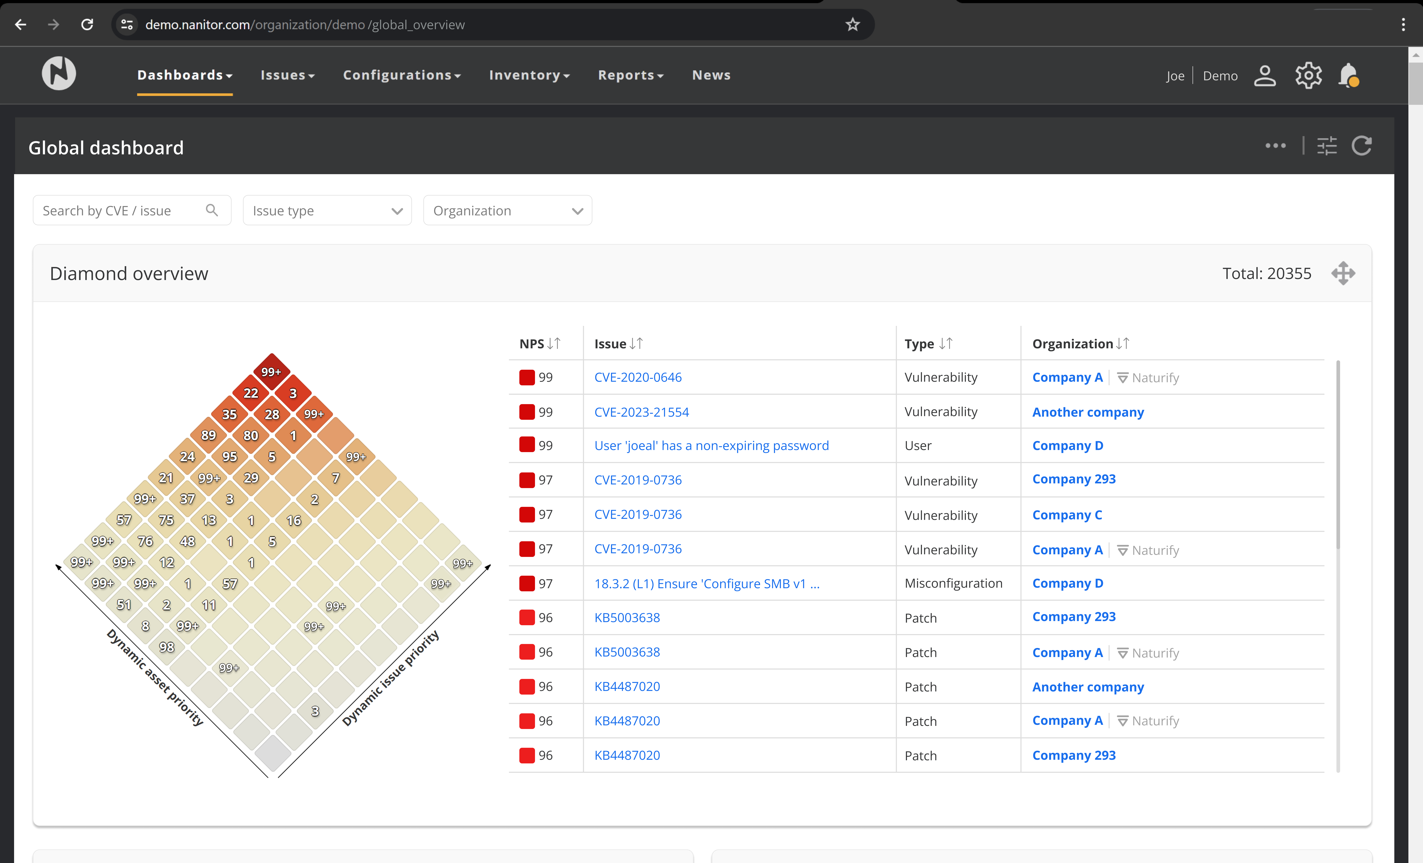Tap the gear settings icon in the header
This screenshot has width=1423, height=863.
pyautogui.click(x=1308, y=76)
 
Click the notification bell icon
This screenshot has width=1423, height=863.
pyautogui.click(x=1348, y=76)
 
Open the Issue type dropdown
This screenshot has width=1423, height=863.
pyautogui.click(x=327, y=211)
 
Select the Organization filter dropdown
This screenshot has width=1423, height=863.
pyautogui.click(x=507, y=211)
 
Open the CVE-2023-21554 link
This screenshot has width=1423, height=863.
pyautogui.click(x=641, y=412)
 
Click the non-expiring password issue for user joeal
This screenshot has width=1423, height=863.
pyautogui.click(x=711, y=445)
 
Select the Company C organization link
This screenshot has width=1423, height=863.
pyautogui.click(x=1067, y=515)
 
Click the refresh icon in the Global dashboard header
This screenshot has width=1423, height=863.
pyautogui.click(x=1361, y=146)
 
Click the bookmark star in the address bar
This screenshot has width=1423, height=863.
pyautogui.click(x=852, y=24)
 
